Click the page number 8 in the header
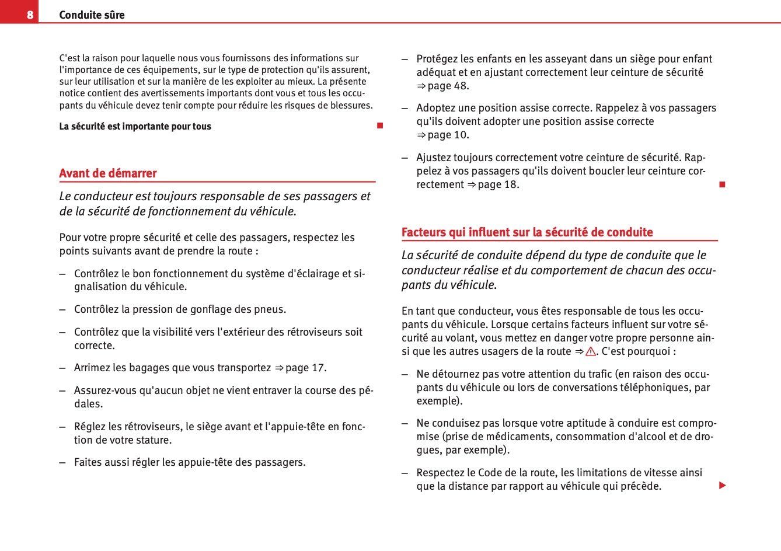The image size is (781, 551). (x=30, y=15)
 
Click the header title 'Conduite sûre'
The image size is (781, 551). (x=92, y=15)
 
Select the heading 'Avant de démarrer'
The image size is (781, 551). (x=108, y=173)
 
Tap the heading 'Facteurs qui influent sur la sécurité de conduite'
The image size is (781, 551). (x=527, y=232)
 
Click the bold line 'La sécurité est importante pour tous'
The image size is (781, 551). (x=135, y=127)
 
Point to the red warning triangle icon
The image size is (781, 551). (x=590, y=351)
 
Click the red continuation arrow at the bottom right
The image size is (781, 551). (x=723, y=486)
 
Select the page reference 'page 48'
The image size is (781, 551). (x=447, y=86)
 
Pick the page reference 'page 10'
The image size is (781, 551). (x=447, y=135)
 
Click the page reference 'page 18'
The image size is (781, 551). (x=497, y=184)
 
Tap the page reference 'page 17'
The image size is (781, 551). (x=305, y=368)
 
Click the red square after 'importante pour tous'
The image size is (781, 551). (x=380, y=126)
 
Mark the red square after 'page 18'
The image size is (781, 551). (x=722, y=184)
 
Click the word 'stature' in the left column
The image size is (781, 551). (x=153, y=440)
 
